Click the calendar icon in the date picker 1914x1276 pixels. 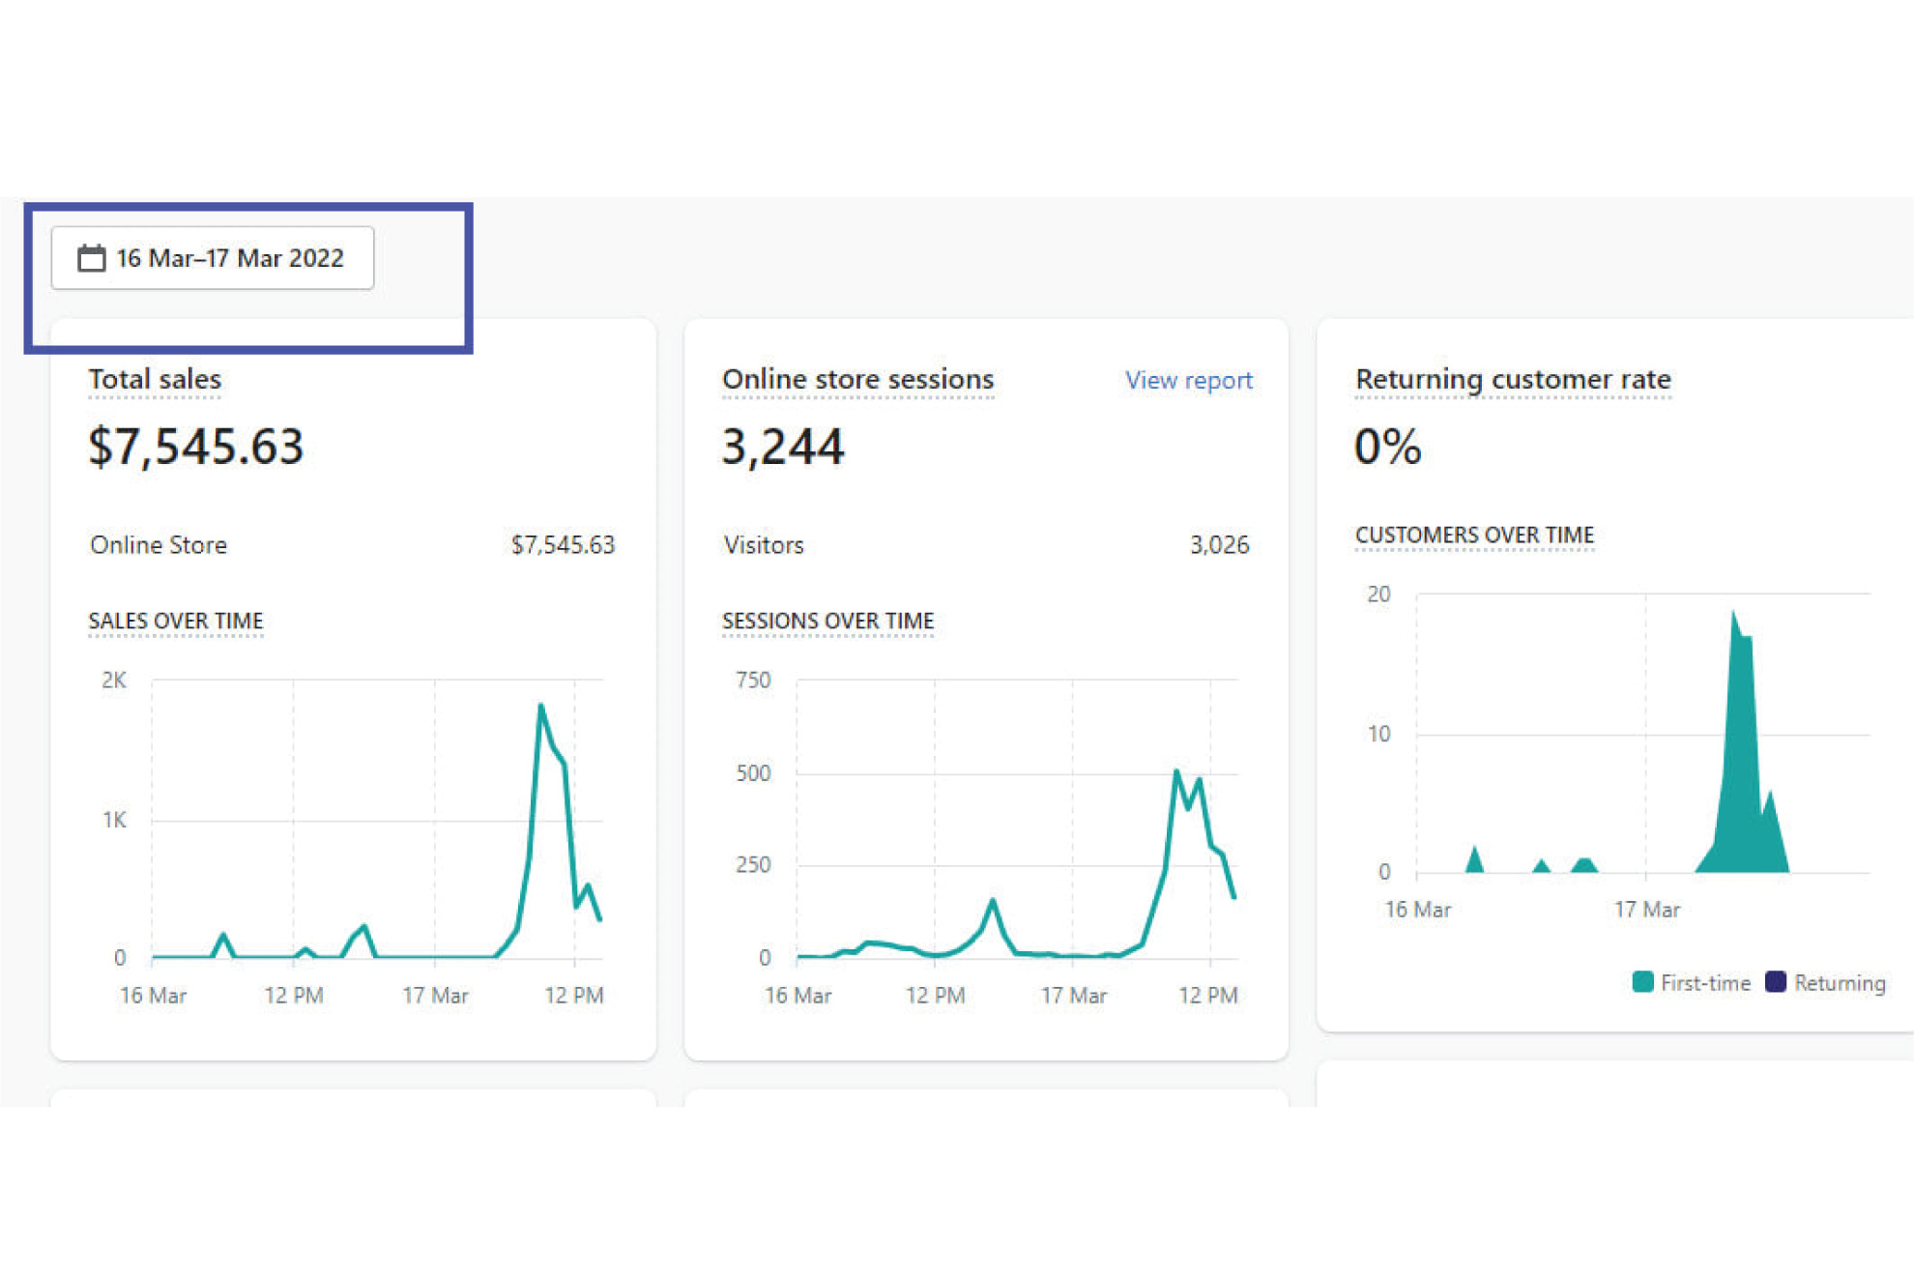(91, 258)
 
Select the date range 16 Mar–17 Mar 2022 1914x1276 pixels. (229, 258)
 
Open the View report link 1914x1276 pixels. (1188, 380)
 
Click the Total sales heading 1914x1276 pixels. (155, 379)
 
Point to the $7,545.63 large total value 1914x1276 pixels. (195, 447)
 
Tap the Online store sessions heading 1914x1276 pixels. (857, 379)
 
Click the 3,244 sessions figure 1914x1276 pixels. (782, 447)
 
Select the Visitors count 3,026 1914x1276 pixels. (1218, 545)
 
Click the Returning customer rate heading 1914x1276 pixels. (1512, 379)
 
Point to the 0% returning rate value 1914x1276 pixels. (1387, 447)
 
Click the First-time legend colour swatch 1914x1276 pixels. (1641, 982)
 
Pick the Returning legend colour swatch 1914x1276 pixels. (1775, 982)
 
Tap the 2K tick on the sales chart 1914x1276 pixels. (114, 680)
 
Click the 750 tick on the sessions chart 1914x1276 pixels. (753, 680)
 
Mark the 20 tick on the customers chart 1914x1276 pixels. (1378, 594)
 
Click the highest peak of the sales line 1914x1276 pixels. (540, 706)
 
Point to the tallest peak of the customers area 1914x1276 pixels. (1733, 614)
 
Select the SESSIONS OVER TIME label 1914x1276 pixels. (827, 621)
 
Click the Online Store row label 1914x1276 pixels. (159, 545)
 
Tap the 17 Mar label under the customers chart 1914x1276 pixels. (1646, 910)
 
